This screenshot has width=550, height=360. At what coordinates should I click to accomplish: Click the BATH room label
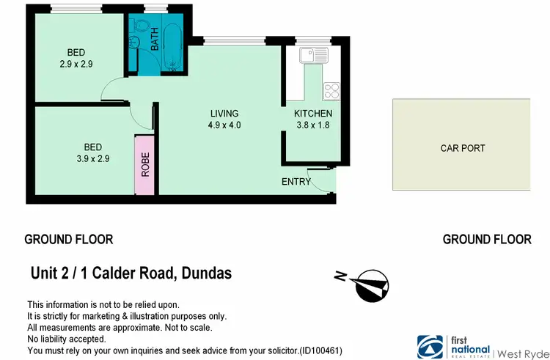pyautogui.click(x=155, y=39)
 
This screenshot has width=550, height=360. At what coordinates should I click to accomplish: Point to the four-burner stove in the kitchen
pyautogui.click(x=331, y=91)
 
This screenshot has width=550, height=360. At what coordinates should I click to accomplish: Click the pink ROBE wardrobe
pyautogui.click(x=145, y=166)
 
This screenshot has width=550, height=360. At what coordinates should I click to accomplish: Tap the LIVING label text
pyautogui.click(x=224, y=114)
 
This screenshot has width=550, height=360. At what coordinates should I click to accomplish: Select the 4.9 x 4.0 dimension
pyautogui.click(x=225, y=125)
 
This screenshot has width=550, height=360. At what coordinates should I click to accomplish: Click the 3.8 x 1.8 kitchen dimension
pyautogui.click(x=313, y=125)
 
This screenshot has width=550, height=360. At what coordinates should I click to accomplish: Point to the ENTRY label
pyautogui.click(x=296, y=182)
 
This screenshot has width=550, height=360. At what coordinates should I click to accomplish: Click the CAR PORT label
pyautogui.click(x=462, y=148)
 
